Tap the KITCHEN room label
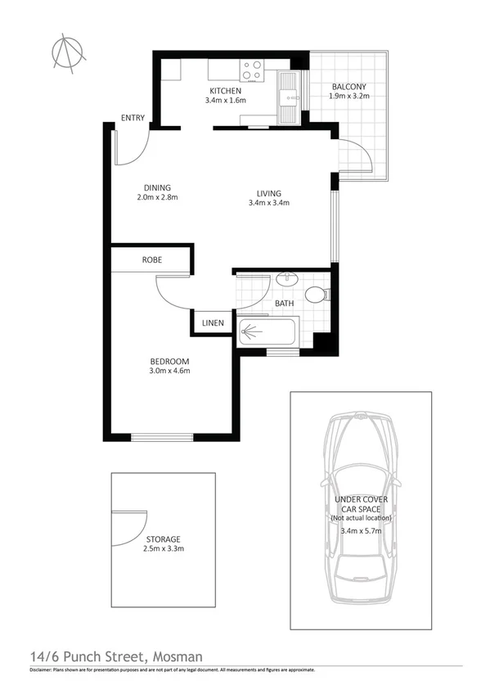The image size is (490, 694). pos(225,91)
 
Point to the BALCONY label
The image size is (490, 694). pos(349,87)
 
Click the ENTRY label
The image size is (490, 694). pos(133,118)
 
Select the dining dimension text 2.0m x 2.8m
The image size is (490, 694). pos(157,197)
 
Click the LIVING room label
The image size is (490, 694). pos(269,193)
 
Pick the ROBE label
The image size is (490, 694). pos(152,259)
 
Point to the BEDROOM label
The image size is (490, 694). pos(169,362)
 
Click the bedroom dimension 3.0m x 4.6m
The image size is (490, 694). pos(169,372)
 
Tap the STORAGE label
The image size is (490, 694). pos(164,539)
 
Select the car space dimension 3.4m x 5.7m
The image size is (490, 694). pos(359,530)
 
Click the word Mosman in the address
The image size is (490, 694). pos(175,656)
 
